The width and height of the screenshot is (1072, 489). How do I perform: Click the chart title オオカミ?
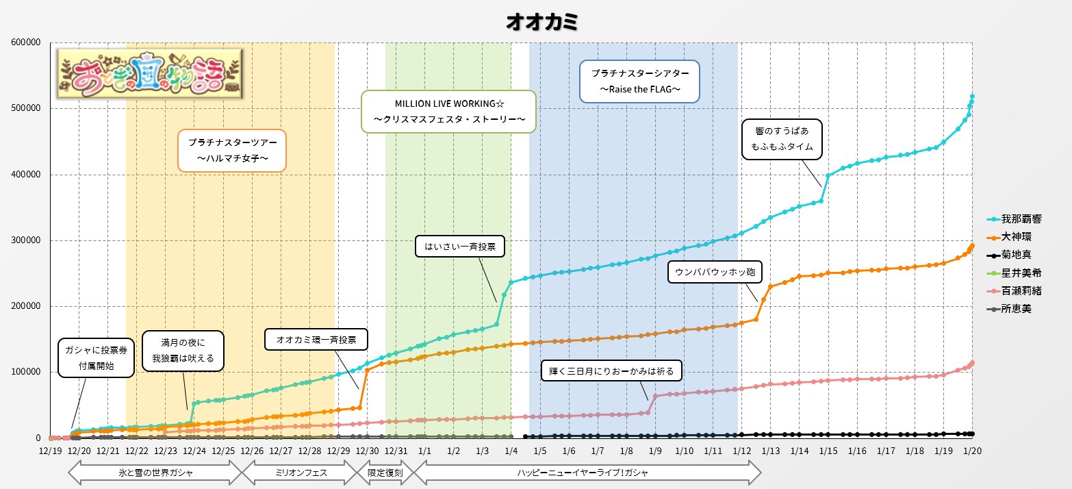point(542,22)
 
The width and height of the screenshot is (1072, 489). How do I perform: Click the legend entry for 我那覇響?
point(1014,219)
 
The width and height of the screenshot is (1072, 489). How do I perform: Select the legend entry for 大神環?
point(1009,236)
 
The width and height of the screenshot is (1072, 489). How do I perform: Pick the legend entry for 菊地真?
point(1009,255)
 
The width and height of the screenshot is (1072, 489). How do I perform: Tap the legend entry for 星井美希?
point(1014,273)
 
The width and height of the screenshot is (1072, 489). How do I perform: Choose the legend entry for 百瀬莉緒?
point(1014,290)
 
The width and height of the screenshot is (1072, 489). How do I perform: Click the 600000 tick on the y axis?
point(26,42)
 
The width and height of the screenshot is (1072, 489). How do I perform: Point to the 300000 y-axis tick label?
point(26,240)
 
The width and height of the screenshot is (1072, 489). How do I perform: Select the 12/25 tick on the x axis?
point(223,451)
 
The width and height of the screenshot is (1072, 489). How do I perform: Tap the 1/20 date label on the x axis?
point(972,451)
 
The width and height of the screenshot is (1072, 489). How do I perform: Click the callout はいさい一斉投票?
point(460,246)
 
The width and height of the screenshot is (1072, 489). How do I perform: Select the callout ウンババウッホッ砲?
point(715,272)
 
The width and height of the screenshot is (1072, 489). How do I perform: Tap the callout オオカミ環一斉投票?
point(316,340)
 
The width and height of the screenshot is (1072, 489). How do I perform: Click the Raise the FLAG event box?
point(639,81)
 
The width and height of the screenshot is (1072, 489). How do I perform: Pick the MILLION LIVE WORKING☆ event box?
point(448,112)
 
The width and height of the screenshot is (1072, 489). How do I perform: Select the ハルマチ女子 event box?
point(232,151)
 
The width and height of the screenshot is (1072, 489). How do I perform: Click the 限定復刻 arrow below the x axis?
point(385,473)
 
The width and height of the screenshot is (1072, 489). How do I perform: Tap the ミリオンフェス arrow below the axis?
point(301,473)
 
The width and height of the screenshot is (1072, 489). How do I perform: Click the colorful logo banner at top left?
point(149,74)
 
